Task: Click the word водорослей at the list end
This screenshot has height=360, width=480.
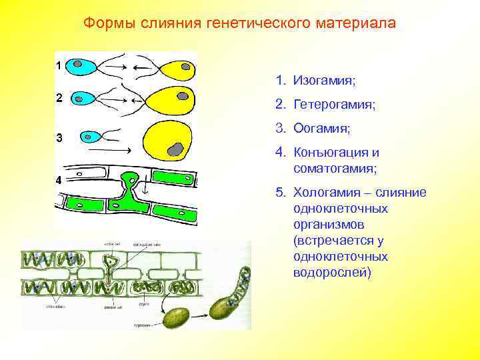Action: [331, 273]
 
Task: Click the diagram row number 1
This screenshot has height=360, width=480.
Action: [59, 66]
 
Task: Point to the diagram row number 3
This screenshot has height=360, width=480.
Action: [59, 139]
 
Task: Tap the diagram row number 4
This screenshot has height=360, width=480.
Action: [59, 180]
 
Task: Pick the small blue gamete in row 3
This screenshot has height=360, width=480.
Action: [90, 137]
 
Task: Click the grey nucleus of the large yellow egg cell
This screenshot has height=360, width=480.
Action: [175, 149]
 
